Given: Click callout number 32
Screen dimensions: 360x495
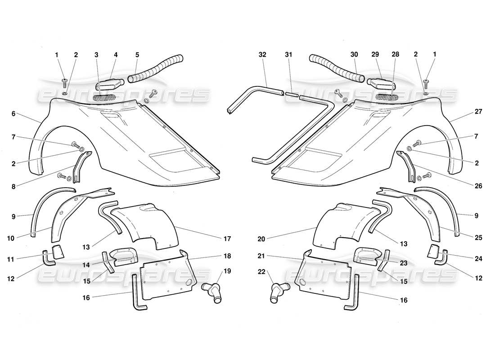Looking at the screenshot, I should [262, 54].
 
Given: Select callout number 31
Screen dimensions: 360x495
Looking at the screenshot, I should [288, 54].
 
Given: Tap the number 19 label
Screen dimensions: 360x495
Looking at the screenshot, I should [227, 271].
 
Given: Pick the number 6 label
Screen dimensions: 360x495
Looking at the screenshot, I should [13, 114].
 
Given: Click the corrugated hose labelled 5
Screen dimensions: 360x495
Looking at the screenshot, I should [155, 70].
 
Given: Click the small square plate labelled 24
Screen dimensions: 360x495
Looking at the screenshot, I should [433, 252].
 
